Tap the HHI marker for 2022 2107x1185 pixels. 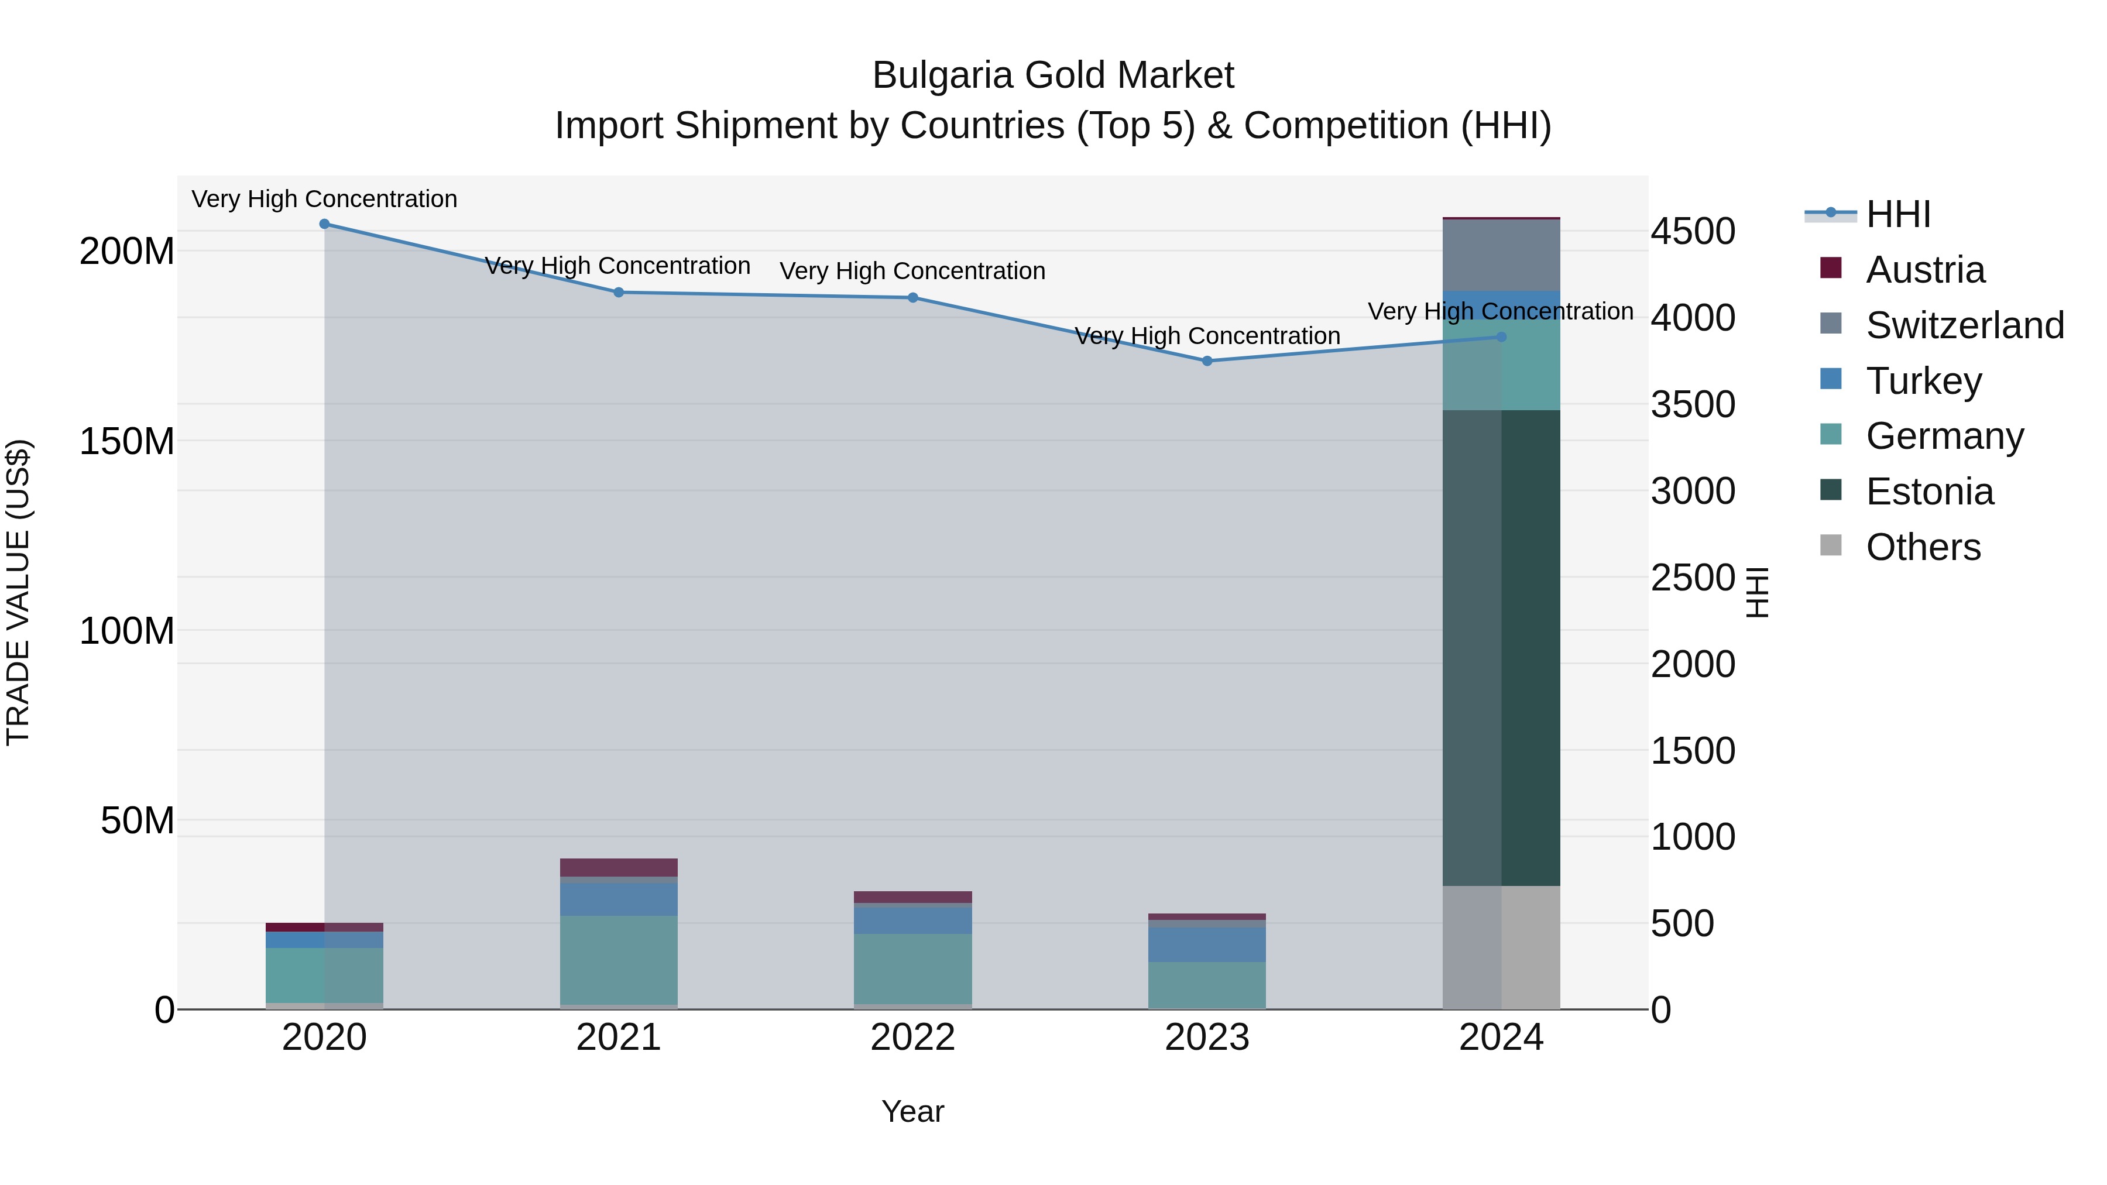(913, 298)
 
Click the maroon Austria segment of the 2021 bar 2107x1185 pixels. (619, 867)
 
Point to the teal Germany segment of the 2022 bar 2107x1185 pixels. (913, 968)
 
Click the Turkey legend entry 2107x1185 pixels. (1923, 380)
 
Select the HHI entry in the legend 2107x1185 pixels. (1897, 214)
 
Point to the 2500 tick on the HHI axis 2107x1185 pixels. (1692, 578)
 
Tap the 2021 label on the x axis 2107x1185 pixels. (619, 1037)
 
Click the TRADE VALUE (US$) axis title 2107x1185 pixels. (18, 592)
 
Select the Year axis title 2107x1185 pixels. (913, 1111)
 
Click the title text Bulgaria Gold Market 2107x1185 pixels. (1053, 75)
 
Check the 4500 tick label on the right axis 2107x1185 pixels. (1692, 231)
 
